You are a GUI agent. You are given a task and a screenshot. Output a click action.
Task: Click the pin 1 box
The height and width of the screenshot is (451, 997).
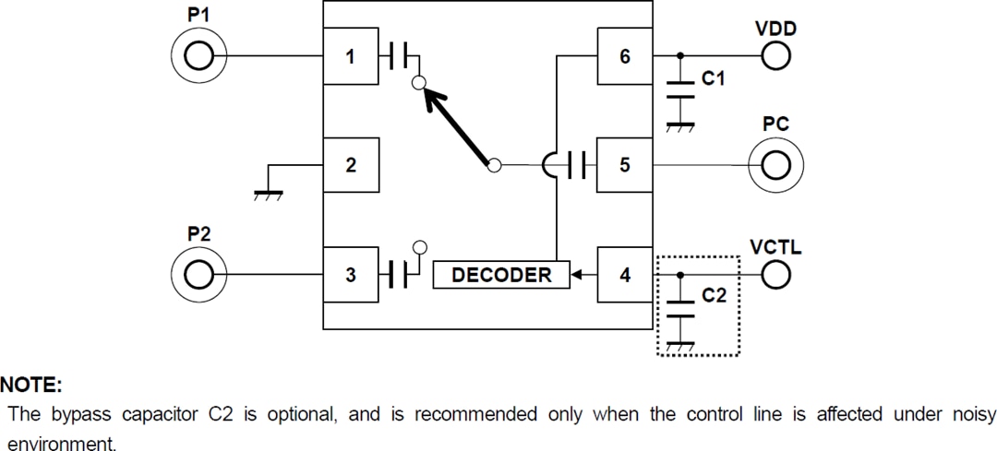[x=350, y=57]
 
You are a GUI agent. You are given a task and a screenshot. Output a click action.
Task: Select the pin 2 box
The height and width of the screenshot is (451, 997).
[x=350, y=166]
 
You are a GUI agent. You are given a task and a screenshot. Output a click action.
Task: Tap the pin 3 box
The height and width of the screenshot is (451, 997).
[x=350, y=275]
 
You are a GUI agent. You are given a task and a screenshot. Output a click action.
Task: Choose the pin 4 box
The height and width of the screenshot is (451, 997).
[x=625, y=275]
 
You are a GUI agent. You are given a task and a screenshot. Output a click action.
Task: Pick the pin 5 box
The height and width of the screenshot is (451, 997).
[x=625, y=166]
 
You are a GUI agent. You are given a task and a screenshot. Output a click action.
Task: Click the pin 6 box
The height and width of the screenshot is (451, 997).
[x=625, y=57]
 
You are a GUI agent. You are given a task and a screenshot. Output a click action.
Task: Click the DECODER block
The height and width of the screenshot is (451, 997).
[x=501, y=275]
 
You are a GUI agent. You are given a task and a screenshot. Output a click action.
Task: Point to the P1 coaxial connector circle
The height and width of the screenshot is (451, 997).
[x=197, y=57]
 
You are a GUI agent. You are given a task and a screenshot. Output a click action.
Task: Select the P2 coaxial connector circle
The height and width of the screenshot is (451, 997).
[x=197, y=275]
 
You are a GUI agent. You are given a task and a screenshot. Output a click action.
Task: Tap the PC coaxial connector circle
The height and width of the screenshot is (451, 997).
[x=776, y=166]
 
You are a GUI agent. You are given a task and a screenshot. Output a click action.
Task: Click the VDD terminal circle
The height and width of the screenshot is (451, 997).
[x=775, y=57]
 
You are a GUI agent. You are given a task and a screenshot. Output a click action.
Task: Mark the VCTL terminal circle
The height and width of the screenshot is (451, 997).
[x=775, y=275]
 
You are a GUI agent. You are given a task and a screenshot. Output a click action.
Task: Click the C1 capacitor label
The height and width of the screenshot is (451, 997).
[x=714, y=80]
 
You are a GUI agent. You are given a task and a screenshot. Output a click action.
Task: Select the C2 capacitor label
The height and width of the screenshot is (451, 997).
[x=714, y=297]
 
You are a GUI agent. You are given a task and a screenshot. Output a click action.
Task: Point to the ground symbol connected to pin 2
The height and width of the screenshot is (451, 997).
[x=269, y=193]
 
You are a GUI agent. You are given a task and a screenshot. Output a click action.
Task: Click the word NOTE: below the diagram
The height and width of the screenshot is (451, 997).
[x=30, y=385]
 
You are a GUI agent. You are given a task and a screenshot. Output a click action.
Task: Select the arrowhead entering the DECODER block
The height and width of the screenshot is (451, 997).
[x=576, y=275]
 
